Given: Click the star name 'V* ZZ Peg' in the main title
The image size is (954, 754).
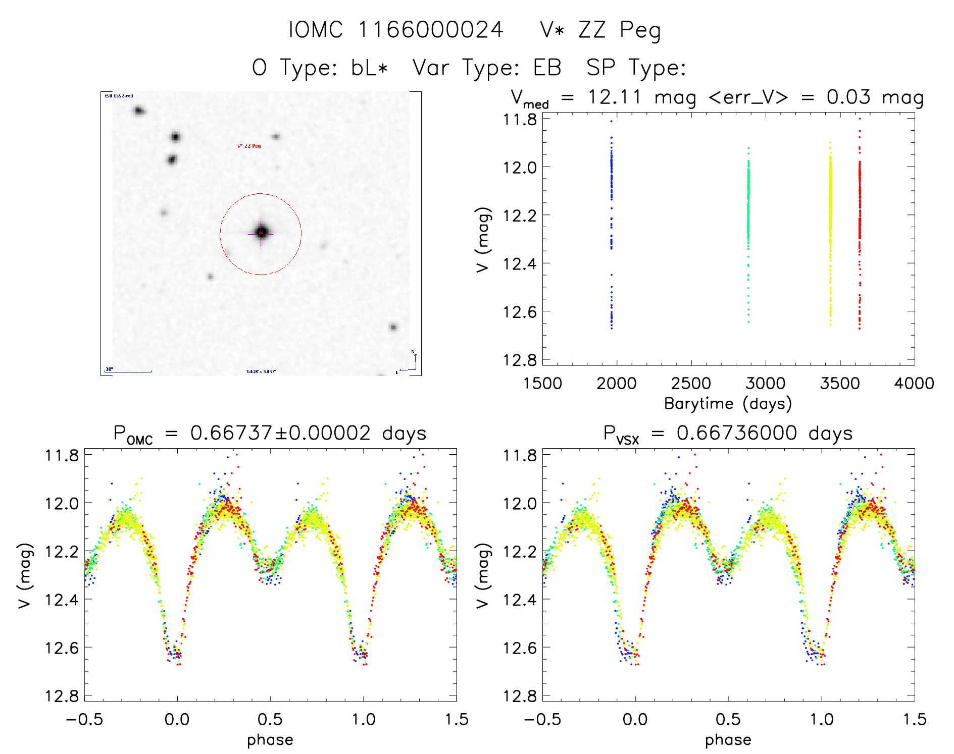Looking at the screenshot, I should click(600, 30).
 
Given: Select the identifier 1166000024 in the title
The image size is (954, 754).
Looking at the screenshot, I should click(431, 30).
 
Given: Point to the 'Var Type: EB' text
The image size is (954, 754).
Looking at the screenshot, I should click(487, 68).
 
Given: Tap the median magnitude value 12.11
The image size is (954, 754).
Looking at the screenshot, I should click(614, 97).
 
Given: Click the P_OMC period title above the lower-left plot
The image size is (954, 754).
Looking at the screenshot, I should click(270, 434).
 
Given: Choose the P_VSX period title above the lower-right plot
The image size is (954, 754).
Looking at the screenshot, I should click(728, 434).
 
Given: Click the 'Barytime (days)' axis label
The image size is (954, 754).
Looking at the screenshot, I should click(728, 404).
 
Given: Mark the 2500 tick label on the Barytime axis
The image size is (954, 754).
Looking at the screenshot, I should click(691, 384).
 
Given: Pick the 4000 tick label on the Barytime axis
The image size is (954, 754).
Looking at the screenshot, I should click(914, 384).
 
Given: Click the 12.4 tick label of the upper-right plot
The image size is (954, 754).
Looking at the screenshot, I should click(520, 263).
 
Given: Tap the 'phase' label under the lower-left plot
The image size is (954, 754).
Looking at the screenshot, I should click(270, 740).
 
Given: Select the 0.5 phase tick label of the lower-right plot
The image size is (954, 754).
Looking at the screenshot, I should click(728, 720).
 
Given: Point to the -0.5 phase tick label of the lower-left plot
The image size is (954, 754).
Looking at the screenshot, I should click(84, 720).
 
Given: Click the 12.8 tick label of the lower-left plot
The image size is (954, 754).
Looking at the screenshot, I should click(62, 696).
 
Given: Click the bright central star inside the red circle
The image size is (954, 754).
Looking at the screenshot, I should click(261, 232).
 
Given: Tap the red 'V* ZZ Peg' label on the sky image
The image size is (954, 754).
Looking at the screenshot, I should click(249, 146).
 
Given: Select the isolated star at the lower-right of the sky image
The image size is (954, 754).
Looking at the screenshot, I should click(393, 327).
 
